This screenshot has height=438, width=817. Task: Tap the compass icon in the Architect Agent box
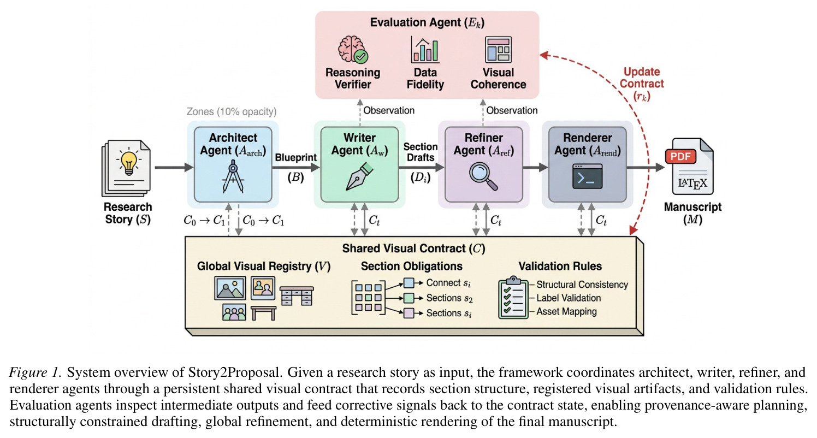233,179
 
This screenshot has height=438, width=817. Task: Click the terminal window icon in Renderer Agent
587,176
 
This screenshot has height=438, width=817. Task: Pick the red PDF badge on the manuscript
680,157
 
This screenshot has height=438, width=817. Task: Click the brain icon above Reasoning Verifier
353,49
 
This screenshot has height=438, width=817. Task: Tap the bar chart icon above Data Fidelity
425,49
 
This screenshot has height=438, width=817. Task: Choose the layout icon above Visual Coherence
498,49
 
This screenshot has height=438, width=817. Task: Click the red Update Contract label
642,84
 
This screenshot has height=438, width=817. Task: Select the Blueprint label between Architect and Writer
295,157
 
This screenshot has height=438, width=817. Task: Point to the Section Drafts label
420,152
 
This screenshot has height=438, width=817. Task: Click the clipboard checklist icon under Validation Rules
513,297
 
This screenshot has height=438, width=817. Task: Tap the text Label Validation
569,298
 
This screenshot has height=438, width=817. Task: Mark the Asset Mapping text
566,311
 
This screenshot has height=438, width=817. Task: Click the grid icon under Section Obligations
368,298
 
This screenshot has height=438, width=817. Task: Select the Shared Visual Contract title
413,248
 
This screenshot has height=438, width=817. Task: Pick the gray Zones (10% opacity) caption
232,111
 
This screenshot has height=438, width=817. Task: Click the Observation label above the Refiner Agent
512,110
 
